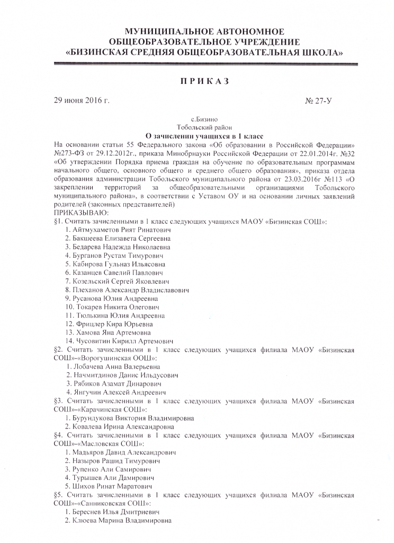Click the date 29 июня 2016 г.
point(82,101)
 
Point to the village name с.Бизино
point(204,120)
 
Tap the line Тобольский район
point(204,128)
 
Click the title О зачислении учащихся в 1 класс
point(204,136)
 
